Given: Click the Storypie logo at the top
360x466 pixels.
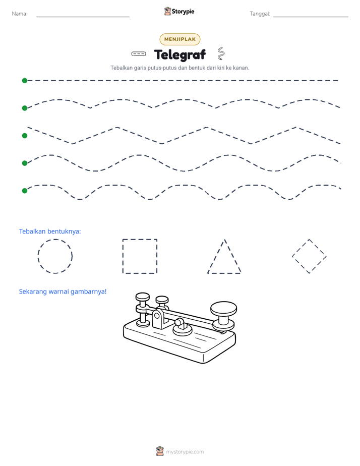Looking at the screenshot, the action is pyautogui.click(x=179, y=11).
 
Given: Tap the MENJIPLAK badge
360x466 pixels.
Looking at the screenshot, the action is pyautogui.click(x=180, y=39).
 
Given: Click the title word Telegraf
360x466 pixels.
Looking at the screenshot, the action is pyautogui.click(x=180, y=54).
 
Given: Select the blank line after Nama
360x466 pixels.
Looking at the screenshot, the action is pyautogui.click(x=83, y=17).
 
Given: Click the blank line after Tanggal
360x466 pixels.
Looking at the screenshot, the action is pyautogui.click(x=311, y=17).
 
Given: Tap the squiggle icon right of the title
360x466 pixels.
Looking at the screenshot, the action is pyautogui.click(x=221, y=53).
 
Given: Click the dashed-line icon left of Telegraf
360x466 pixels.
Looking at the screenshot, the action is pyautogui.click(x=139, y=54).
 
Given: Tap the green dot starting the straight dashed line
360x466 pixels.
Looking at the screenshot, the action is pyautogui.click(x=25, y=81).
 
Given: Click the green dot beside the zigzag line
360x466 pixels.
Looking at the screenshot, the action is pyautogui.click(x=25, y=136).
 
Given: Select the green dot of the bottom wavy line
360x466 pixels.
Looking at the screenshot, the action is pyautogui.click(x=25, y=191).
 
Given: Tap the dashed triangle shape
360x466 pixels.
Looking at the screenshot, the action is pyautogui.click(x=216, y=257).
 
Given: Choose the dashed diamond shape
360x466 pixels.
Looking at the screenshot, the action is pyautogui.click(x=301, y=248).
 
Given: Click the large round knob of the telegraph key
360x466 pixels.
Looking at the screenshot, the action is pyautogui.click(x=224, y=308).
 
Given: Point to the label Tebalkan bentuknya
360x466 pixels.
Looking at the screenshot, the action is pyautogui.click(x=50, y=231).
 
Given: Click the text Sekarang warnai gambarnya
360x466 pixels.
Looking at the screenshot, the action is pyautogui.click(x=63, y=292).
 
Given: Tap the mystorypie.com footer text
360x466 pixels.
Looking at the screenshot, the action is pyautogui.click(x=185, y=452).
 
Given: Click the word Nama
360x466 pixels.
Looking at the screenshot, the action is pyautogui.click(x=20, y=14).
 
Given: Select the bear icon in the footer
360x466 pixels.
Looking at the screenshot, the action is pyautogui.click(x=160, y=451).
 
